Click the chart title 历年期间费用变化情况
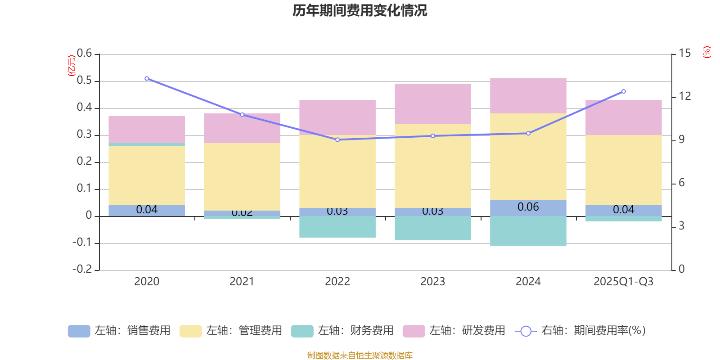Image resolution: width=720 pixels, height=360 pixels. tap(360, 10)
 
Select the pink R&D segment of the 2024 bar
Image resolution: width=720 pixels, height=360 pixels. tap(528, 95)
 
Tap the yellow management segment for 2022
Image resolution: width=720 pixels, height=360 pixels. tap(337, 171)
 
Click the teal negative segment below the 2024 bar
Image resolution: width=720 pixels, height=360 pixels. tap(528, 230)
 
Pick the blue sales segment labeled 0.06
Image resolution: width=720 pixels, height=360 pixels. tap(528, 207)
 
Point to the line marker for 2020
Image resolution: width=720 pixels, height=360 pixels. tap(147, 79)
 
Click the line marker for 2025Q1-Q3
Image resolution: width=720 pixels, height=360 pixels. tap(623, 91)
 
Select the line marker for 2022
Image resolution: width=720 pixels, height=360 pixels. tap(337, 139)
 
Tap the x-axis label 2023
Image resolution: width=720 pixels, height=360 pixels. tap(432, 282)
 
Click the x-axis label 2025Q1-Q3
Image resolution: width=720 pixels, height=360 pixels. tap(623, 282)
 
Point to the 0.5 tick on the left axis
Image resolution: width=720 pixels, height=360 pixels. tap(84, 81)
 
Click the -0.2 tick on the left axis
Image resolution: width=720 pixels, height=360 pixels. tap(82, 269)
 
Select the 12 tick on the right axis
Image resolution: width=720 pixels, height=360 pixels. tap(685, 96)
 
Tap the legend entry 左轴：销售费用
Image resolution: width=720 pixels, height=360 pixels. tap(119, 331)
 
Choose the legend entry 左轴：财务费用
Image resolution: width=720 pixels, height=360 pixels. tap(342, 331)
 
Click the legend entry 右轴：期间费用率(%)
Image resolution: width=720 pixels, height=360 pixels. tap(580, 331)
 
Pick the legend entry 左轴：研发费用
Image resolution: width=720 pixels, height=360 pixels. tap(454, 331)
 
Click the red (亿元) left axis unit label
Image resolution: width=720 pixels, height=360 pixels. tap(71, 66)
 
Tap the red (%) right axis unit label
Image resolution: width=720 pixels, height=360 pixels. tap(707, 52)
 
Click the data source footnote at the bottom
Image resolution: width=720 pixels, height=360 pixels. tap(360, 355)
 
